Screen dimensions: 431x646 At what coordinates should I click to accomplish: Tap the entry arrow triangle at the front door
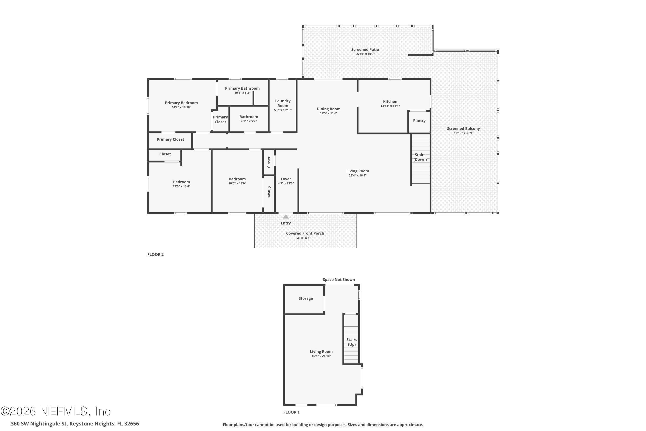point(286,217)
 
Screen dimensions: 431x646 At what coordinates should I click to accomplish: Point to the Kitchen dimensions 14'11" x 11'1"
point(390,106)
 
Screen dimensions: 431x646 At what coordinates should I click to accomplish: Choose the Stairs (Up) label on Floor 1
point(352,342)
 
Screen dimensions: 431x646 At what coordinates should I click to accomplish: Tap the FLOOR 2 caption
point(155,255)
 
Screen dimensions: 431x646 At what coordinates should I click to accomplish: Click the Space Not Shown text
point(339,280)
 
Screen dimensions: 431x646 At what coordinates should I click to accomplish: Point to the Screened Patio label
point(365,50)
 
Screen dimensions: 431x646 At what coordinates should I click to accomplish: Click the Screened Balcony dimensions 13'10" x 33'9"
point(463,133)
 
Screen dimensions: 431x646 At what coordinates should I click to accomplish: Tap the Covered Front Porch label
point(305,233)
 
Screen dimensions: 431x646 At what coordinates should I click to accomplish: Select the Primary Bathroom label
point(242,88)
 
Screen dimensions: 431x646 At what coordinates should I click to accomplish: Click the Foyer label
point(286,179)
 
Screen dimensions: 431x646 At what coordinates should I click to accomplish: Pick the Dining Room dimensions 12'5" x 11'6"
point(329,113)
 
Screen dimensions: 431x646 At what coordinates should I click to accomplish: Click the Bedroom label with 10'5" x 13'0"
point(237,179)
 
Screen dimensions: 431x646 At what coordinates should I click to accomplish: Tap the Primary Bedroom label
point(181,103)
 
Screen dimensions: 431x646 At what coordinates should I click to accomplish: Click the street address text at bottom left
point(75,424)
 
